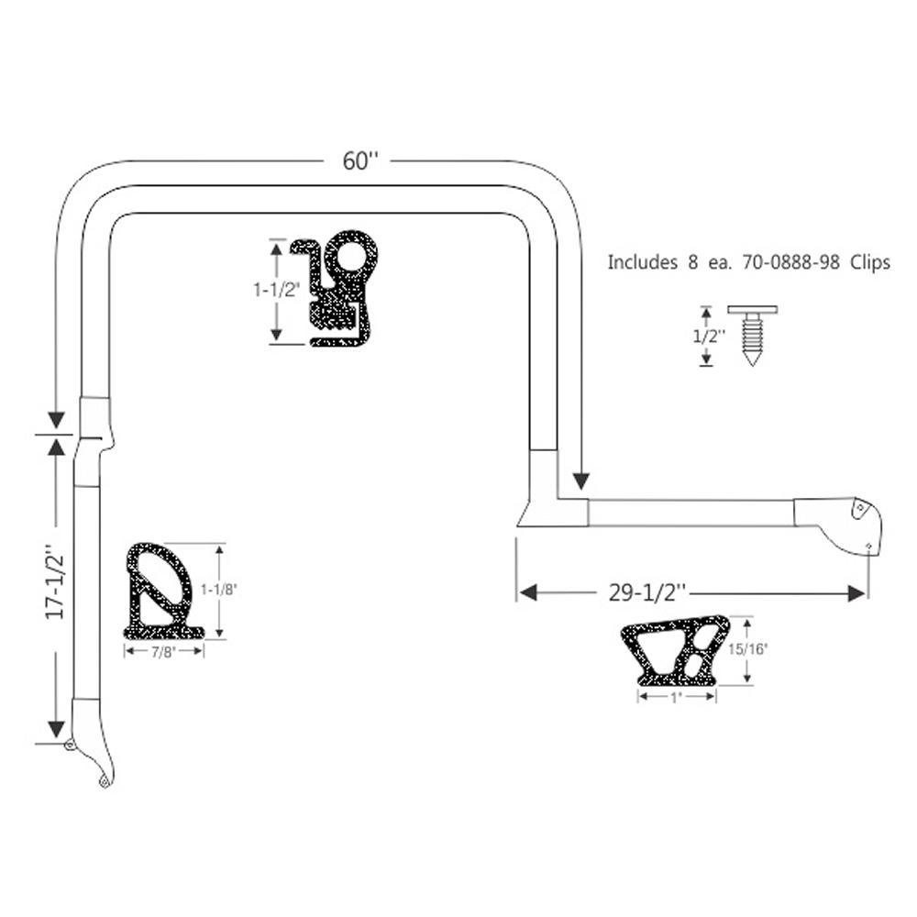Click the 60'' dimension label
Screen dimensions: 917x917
(x=360, y=160)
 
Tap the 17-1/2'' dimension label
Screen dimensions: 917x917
(x=56, y=582)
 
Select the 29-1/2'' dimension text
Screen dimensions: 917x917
(x=646, y=593)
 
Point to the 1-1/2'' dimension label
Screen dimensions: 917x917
(x=276, y=290)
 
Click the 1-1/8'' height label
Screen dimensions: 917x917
(x=219, y=590)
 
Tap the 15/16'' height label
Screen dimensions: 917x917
(x=747, y=648)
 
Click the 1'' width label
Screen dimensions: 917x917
(x=677, y=698)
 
